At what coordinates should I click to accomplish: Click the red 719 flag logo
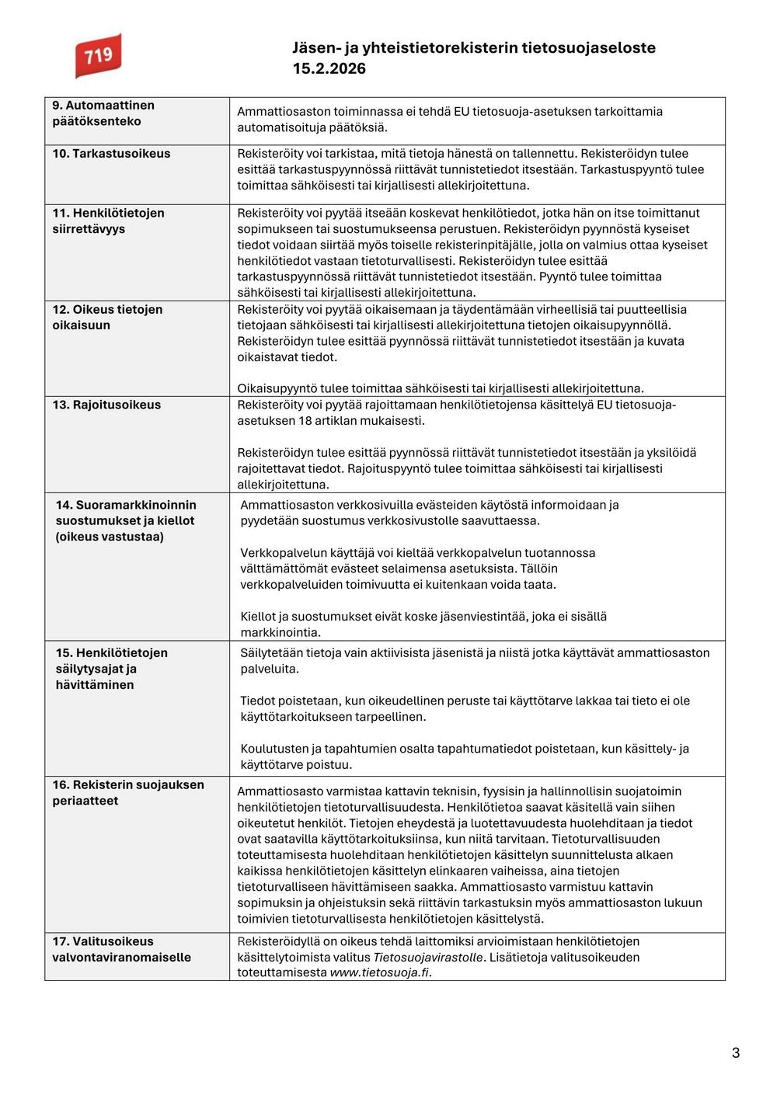99,55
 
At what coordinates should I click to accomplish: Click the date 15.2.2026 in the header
329,68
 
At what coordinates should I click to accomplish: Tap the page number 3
735,1052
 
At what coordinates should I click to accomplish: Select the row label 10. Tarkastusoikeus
111,153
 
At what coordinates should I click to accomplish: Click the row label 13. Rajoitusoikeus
106,405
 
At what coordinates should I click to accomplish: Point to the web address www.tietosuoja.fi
379,972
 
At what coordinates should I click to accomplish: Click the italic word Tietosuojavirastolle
428,957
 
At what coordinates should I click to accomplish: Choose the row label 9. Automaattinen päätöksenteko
103,113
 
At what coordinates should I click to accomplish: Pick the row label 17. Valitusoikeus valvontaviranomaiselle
121,949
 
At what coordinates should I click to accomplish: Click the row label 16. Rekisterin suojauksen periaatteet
128,792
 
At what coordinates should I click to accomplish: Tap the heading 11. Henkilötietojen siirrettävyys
108,221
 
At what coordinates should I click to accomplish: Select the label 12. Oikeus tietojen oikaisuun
107,317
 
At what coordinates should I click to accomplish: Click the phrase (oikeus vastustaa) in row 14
110,537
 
